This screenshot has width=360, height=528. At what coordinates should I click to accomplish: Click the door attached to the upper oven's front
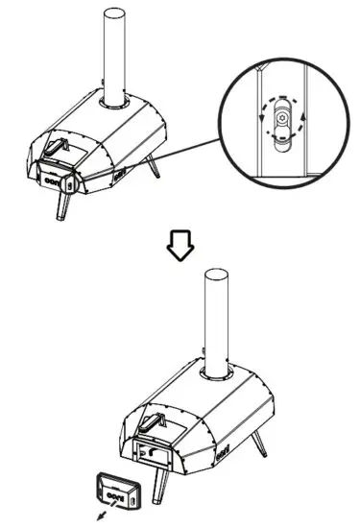click(57, 177)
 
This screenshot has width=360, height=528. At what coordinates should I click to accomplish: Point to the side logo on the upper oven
click(119, 177)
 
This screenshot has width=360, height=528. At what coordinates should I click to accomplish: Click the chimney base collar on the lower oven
click(219, 374)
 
